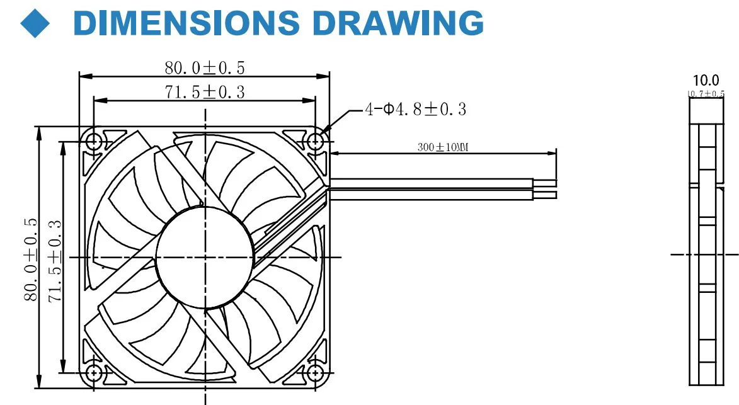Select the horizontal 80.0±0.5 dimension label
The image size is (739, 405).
[x=205, y=67]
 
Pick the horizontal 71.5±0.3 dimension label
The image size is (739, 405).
[x=205, y=92]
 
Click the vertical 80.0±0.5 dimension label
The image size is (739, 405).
[x=30, y=260]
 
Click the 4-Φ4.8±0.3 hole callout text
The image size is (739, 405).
[x=416, y=110]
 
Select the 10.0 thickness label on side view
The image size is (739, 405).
[x=706, y=81]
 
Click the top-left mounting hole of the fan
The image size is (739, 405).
[x=93, y=140]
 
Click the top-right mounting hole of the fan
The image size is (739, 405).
[x=316, y=140]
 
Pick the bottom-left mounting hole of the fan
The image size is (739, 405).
[x=93, y=372]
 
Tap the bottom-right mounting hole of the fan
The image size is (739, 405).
[x=316, y=372]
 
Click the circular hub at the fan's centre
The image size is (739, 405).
[x=205, y=258]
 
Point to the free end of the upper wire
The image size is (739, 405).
[x=556, y=183]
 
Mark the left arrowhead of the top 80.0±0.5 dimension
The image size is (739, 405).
[x=83, y=76]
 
